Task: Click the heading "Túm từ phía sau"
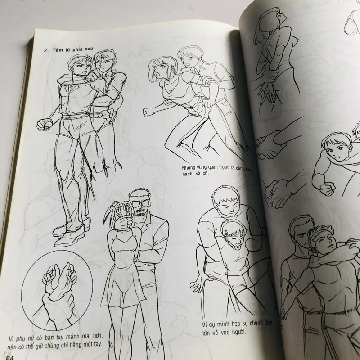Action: click(68, 50)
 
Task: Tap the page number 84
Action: click(10, 357)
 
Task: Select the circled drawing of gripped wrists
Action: click(57, 290)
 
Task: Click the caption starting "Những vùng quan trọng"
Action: click(217, 170)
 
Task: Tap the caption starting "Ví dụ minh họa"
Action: click(237, 328)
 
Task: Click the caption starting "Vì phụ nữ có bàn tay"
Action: click(55, 341)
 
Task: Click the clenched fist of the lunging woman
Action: click(148, 112)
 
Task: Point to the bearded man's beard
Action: click(139, 213)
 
